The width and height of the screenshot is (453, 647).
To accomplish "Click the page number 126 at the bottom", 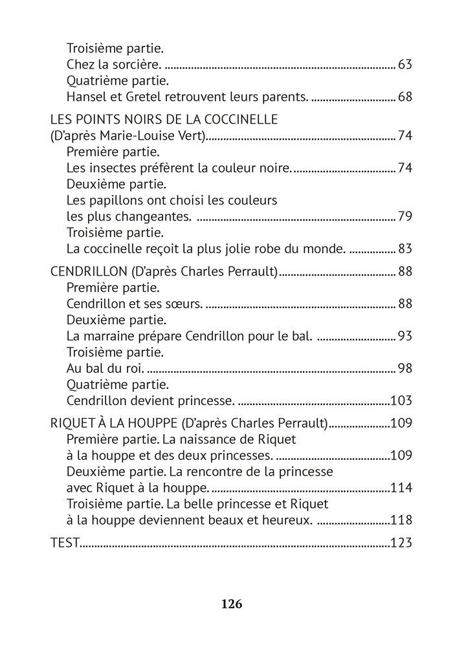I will (231, 604).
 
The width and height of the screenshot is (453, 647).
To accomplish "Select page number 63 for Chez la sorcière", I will (405, 65).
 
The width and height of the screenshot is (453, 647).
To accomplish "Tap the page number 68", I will (405, 97).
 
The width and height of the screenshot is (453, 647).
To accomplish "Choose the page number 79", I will (405, 217).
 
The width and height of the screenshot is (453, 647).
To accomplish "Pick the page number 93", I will (405, 336).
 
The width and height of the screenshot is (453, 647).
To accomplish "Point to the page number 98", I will (405, 369).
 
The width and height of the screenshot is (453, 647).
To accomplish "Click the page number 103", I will (401, 401).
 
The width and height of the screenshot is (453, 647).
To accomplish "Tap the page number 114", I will (401, 488).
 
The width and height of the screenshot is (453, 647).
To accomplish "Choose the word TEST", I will (65, 543).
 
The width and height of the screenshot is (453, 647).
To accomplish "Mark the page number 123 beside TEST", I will (401, 543).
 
